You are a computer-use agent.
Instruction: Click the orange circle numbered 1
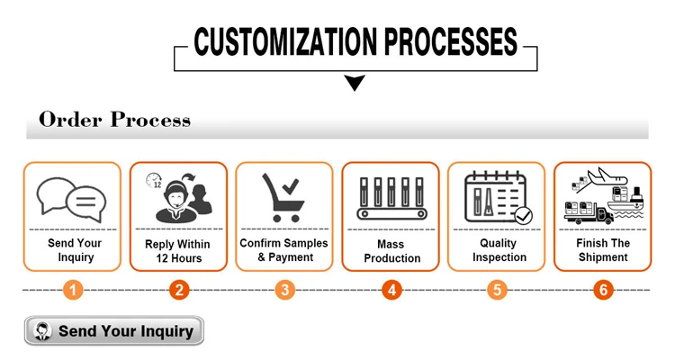point(73,290)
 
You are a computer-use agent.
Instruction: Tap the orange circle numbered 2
point(179,290)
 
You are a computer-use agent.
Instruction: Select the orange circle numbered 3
point(285,290)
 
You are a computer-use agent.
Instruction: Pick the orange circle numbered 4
point(391,290)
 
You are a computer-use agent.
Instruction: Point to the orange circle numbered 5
point(497,290)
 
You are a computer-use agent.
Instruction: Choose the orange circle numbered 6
point(603,290)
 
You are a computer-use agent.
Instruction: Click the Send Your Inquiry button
point(114,331)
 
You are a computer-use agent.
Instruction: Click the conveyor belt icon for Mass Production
point(391,199)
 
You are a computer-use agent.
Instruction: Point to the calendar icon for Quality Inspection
point(496,198)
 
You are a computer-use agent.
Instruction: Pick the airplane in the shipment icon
point(607,175)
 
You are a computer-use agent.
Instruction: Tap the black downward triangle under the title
point(355,84)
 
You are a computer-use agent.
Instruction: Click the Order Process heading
point(114,120)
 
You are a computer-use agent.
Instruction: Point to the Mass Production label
point(391,251)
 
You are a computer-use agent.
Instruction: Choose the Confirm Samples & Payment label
point(284,250)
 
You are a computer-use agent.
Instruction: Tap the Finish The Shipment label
point(603,250)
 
